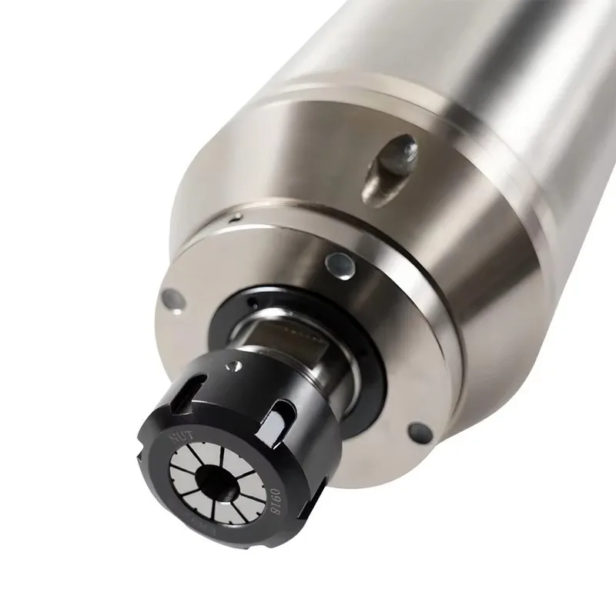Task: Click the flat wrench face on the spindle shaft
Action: tap(285, 335)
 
